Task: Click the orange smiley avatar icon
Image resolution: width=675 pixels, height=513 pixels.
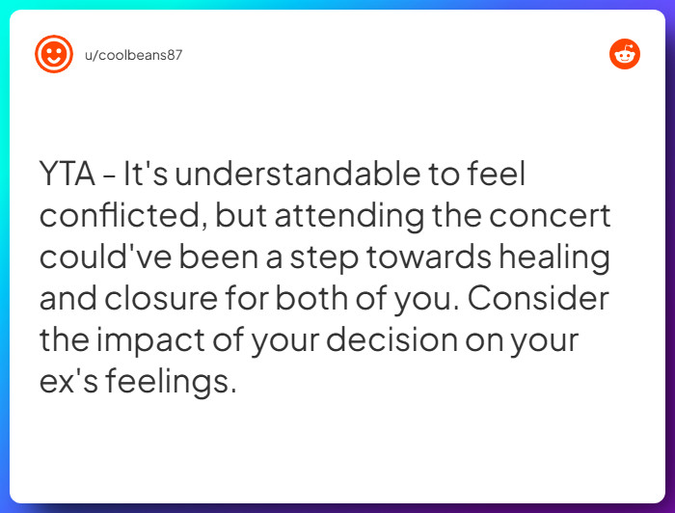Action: click(x=54, y=54)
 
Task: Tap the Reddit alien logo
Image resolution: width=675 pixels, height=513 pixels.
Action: click(x=625, y=54)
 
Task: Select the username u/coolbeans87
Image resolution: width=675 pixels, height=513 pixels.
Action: click(x=133, y=55)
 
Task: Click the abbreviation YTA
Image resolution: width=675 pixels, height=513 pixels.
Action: click(x=67, y=175)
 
